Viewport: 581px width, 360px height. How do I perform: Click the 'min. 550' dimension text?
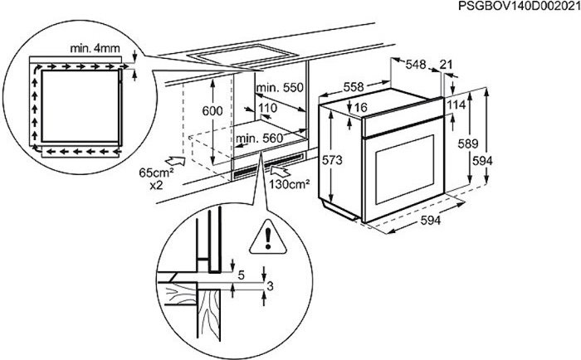(280, 87)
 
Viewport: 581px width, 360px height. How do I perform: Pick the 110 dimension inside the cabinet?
(266, 108)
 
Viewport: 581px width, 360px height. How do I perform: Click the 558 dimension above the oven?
(354, 87)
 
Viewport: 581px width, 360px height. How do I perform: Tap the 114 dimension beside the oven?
(455, 105)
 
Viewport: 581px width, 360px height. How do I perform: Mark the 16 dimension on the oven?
(361, 107)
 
